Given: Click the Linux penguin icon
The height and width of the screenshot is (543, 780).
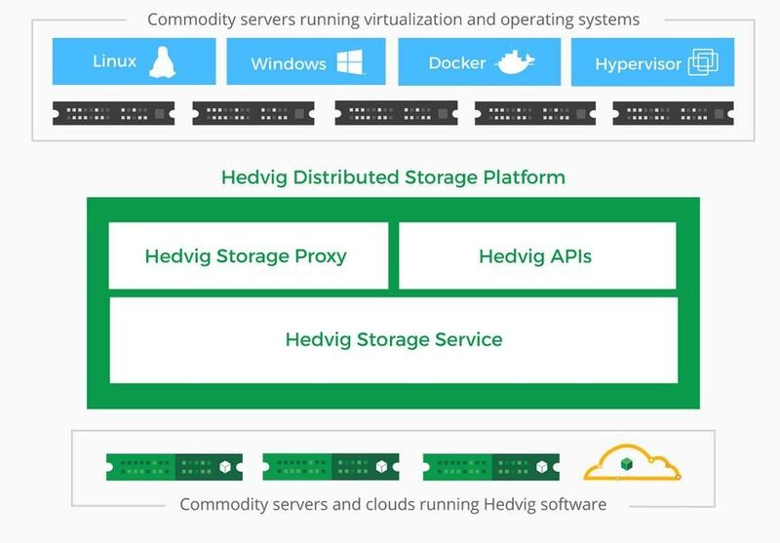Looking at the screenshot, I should [162, 62].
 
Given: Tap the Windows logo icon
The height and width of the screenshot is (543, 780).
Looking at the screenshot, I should [350, 63].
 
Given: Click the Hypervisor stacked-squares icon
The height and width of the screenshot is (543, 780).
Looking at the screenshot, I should [703, 63].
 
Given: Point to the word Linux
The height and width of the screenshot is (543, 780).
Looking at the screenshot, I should [114, 61].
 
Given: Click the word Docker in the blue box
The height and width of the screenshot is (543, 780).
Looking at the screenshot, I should [456, 63].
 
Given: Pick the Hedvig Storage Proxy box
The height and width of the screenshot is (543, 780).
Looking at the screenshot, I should [247, 256].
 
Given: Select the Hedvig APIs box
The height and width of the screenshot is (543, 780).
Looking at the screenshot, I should [536, 256].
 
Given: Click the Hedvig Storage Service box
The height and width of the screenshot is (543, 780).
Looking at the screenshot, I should [393, 340].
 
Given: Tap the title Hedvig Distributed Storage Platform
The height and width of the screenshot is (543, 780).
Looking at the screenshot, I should [393, 177].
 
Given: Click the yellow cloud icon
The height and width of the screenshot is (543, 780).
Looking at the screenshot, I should [632, 464].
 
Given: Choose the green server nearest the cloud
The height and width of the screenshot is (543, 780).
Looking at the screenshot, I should [491, 466].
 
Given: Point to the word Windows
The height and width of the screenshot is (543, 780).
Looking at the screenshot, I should [288, 64].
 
